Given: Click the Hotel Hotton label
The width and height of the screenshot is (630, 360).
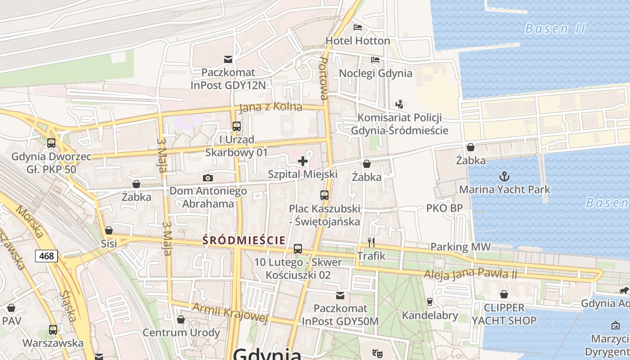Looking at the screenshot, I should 358,40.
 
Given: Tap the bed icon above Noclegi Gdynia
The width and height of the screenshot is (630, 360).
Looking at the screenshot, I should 375,59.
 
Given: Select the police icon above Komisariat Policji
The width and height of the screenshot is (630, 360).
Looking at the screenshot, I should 399,104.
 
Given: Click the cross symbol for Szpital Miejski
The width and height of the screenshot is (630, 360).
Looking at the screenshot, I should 303,161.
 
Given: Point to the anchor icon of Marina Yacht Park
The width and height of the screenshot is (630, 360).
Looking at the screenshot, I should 504,176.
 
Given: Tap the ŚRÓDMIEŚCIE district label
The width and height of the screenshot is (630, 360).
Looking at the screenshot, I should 244,240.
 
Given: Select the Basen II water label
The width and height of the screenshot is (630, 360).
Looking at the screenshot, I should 555,29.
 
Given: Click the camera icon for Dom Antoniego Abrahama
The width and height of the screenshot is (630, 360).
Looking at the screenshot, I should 207,178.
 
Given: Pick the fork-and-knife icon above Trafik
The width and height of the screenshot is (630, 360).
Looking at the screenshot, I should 371,243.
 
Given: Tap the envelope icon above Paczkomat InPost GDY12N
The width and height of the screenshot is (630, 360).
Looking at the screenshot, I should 228,59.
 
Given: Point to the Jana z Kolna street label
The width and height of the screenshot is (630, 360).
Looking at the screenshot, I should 271,108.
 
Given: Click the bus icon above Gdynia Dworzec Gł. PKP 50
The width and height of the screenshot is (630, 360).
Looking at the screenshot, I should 51,143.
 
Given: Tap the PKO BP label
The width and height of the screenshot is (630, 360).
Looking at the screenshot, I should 444,208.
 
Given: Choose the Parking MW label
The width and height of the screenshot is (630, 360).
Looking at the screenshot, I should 460,247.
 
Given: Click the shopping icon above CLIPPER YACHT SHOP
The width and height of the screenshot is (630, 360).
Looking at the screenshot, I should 504,294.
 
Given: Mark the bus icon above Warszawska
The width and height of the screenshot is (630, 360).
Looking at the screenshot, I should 53,329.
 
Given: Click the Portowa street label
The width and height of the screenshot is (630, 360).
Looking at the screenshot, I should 323,78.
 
